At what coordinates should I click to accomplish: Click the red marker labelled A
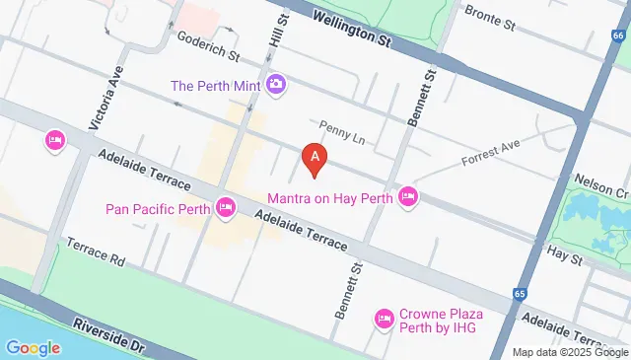(x=314, y=158)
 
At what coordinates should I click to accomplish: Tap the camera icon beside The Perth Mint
(x=276, y=86)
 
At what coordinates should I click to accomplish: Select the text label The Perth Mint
(x=215, y=86)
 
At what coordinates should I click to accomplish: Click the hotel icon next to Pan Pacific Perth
(x=226, y=207)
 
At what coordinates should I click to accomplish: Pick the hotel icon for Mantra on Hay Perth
(x=408, y=198)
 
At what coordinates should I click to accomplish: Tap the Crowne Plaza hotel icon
(x=385, y=319)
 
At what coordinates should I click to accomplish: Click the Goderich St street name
(x=208, y=44)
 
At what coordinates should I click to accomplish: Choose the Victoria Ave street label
(x=106, y=98)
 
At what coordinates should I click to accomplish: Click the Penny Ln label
(x=341, y=132)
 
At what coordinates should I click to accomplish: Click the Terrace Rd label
(x=97, y=252)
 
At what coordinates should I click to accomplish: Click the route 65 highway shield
(x=519, y=294)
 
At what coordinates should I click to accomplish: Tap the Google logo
(x=33, y=347)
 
